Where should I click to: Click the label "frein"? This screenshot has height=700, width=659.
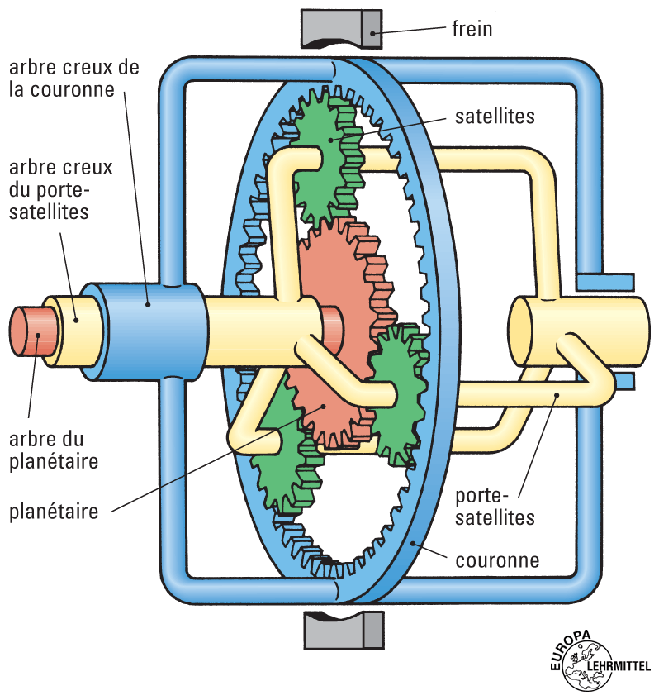472,30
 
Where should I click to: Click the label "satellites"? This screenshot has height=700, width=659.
495,116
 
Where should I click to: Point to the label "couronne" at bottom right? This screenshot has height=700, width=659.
497,560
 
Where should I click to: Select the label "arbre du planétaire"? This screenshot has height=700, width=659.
54,450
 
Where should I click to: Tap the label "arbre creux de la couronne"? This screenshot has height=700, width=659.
74,78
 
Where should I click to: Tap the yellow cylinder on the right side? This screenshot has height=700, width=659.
578,331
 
